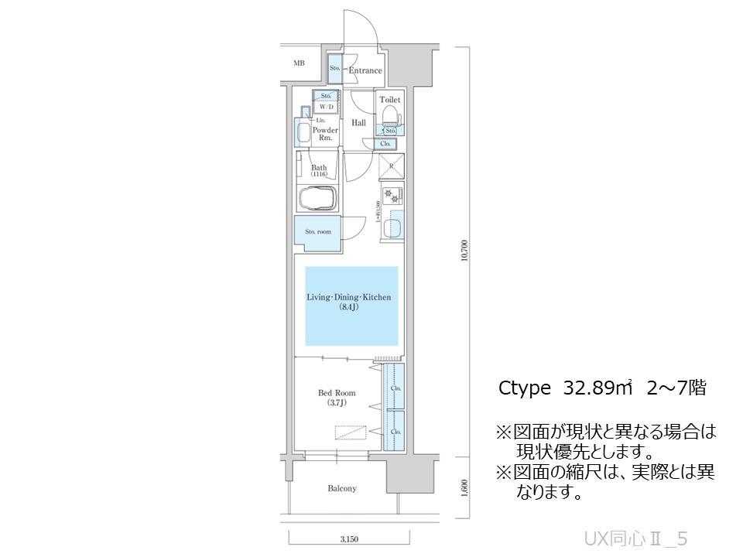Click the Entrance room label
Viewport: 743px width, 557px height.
[365, 70]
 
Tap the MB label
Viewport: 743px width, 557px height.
[299, 63]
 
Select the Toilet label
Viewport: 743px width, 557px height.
[389, 100]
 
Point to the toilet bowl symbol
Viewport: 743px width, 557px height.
[390, 116]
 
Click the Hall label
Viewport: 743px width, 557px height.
[359, 123]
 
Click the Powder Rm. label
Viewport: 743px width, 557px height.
[325, 134]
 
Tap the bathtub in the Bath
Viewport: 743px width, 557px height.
[317, 198]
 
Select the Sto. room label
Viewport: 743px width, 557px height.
[317, 231]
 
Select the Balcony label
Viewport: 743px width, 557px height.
[341, 488]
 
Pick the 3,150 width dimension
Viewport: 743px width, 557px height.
[348, 538]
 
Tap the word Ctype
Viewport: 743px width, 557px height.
[524, 388]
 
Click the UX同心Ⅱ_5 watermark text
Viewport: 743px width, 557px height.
[635, 538]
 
